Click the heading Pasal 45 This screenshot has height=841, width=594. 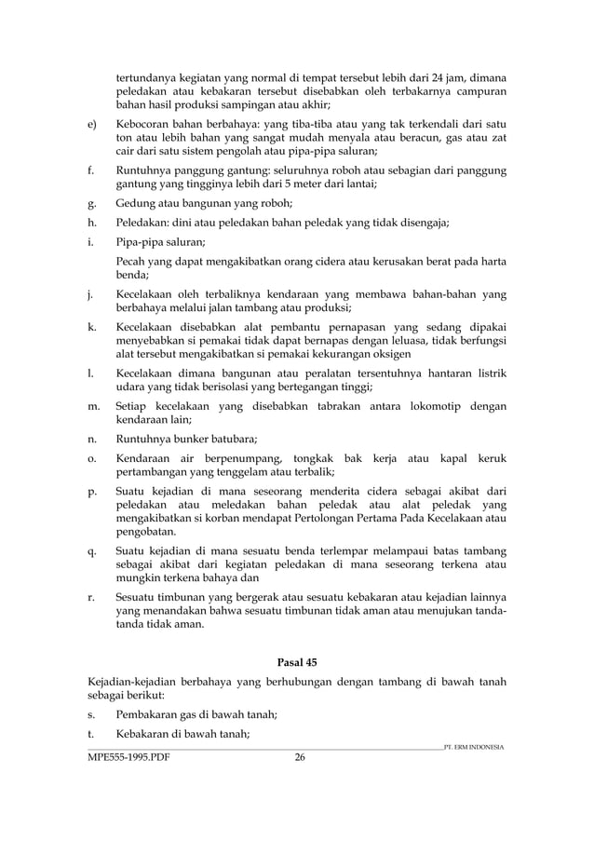[x=297, y=662]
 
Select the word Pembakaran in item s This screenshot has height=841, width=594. [x=152, y=713]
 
